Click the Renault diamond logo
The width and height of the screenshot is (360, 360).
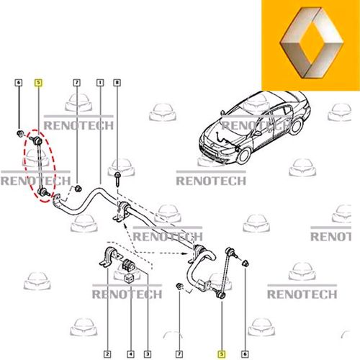pyautogui.click(x=310, y=49)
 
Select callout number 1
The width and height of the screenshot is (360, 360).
pyautogui.click(x=99, y=83)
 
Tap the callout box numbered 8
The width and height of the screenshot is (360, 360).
pyautogui.click(x=116, y=83)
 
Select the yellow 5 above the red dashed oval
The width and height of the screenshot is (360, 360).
pyautogui.click(x=38, y=83)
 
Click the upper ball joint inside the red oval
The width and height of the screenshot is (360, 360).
pyautogui.click(x=36, y=137)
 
